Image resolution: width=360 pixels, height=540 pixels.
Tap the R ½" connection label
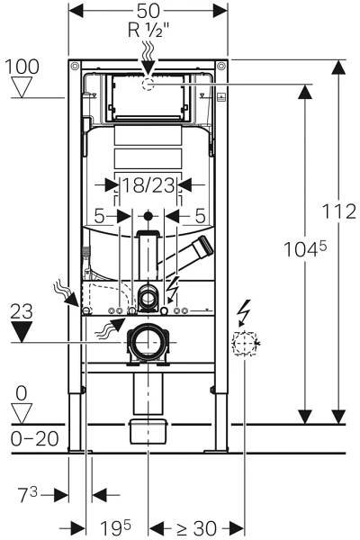click(x=149, y=31)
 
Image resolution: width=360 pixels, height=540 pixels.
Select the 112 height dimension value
click(x=339, y=211)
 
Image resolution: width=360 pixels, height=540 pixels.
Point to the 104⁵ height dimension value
click(x=305, y=248)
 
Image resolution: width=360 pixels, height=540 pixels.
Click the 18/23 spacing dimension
click(x=148, y=186)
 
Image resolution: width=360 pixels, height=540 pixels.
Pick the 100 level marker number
click(x=22, y=67)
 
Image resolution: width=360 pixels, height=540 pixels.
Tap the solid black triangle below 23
click(x=22, y=331)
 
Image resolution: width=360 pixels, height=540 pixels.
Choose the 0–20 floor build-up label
click(x=34, y=439)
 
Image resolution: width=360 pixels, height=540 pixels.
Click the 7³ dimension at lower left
click(x=27, y=495)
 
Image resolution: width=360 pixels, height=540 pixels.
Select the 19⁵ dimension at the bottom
click(x=115, y=527)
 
